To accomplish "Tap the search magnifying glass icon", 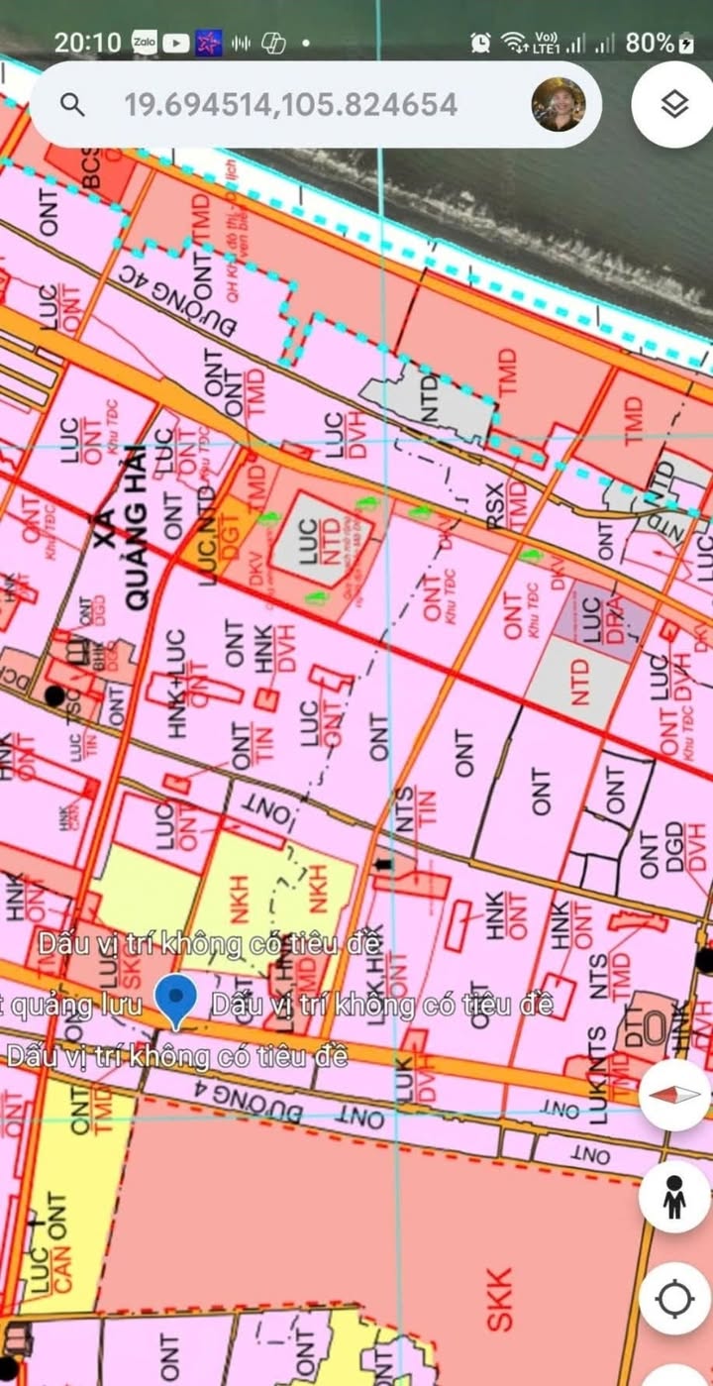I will click(72, 105).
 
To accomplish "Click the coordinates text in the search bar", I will click(290, 105).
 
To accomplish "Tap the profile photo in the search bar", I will click(559, 104).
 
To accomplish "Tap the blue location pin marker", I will click(177, 1001).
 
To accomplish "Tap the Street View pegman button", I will click(674, 1197).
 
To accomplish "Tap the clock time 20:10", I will click(87, 43).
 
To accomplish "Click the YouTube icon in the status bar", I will click(176, 43).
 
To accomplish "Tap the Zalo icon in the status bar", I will click(144, 43).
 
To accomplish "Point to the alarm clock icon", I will click(480, 43).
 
